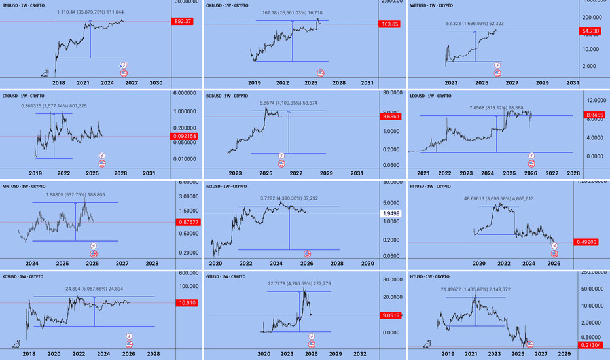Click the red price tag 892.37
pyautogui.click(x=186, y=21)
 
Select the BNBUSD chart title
pyautogui.click(x=29, y=5)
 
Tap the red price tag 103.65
pyautogui.click(x=390, y=24)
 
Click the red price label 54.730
pyautogui.click(x=594, y=31)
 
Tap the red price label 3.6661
pyautogui.click(x=391, y=117)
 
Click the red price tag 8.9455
pyautogui.click(x=594, y=115)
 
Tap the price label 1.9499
pyautogui.click(x=391, y=214)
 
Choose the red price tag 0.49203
pyautogui.click(x=593, y=243)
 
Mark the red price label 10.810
pyautogui.click(x=186, y=303)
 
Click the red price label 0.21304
pyautogui.click(x=593, y=346)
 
